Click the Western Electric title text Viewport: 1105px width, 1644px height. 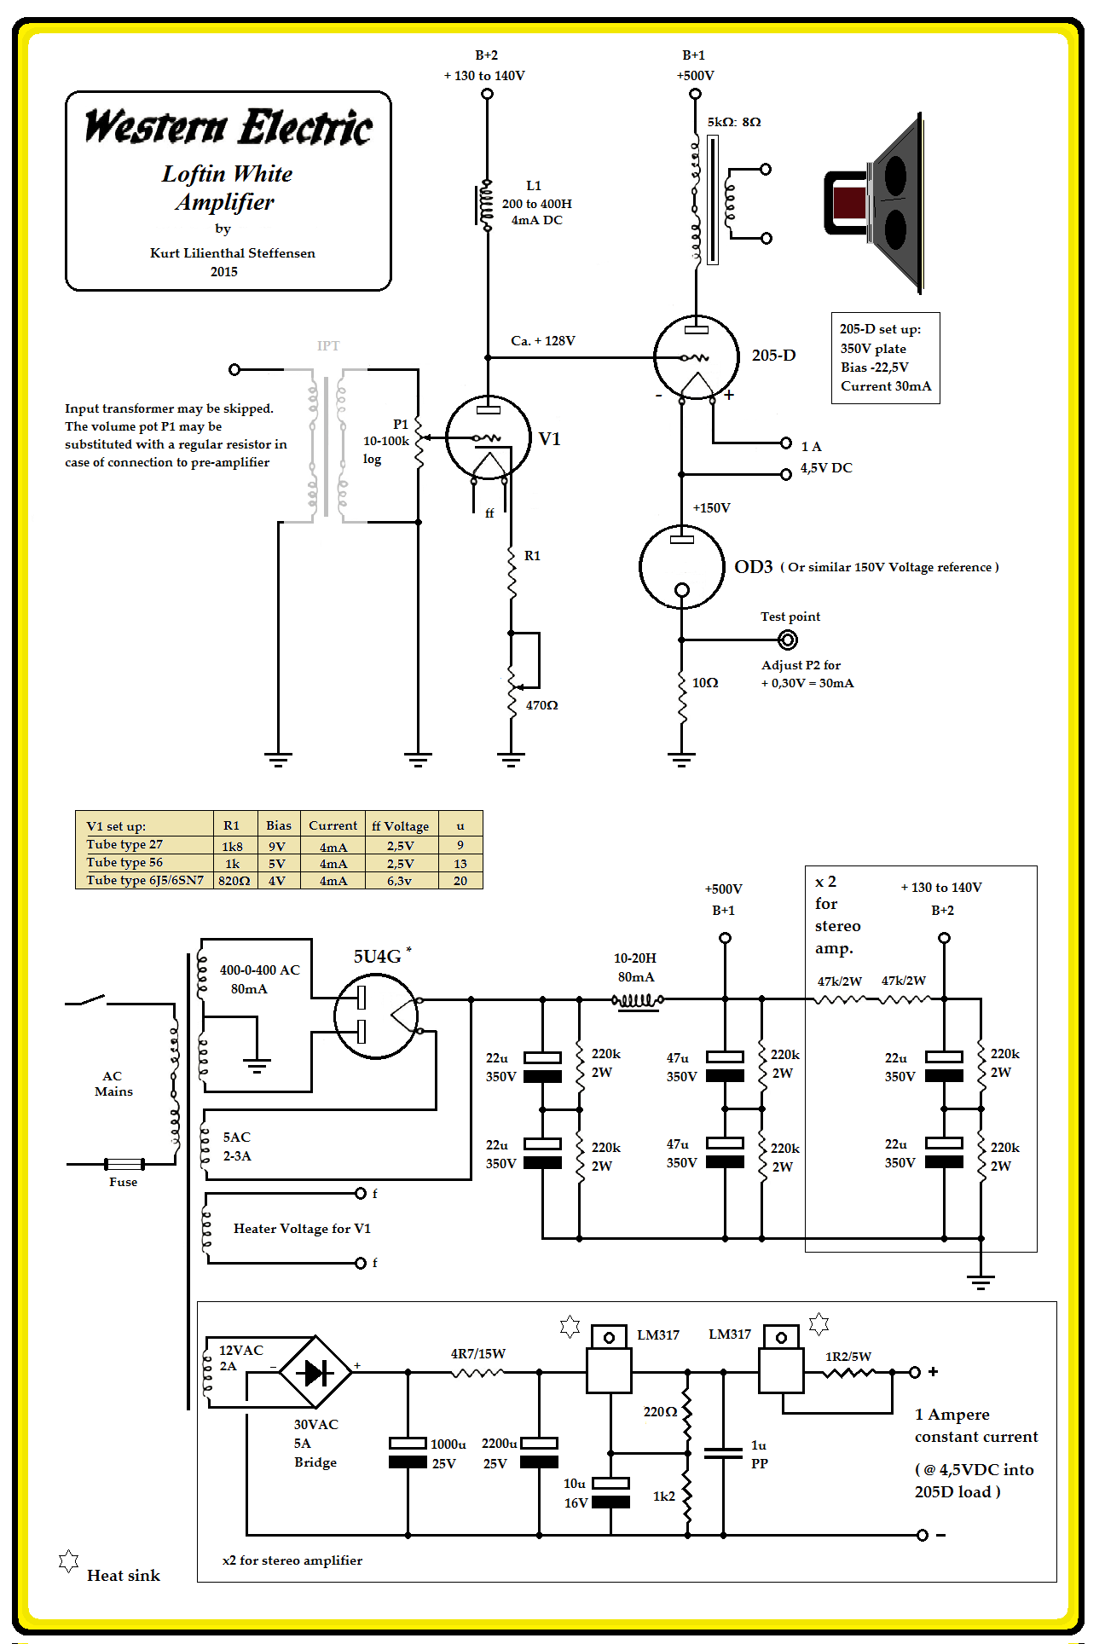(229, 127)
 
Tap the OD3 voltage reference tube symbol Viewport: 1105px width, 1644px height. (681, 567)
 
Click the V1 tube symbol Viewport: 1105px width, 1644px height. (488, 437)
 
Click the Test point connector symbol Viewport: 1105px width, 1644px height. (788, 640)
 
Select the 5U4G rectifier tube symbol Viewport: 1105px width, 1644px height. (376, 1016)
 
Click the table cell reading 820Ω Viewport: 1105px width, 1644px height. (234, 881)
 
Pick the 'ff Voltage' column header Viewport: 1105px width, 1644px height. (400, 825)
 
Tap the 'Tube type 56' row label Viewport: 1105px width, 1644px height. (124, 862)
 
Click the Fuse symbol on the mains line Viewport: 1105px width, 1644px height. (124, 1163)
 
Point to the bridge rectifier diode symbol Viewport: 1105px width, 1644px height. (315, 1372)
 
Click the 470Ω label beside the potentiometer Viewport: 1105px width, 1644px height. (541, 705)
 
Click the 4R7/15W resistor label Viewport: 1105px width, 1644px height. (477, 1353)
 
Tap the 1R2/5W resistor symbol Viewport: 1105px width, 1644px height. (849, 1372)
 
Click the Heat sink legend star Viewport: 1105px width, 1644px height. (68, 1561)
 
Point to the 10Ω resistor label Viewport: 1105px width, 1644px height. (705, 683)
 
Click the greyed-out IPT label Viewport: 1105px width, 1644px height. (328, 345)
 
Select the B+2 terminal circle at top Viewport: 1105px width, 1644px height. (487, 94)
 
